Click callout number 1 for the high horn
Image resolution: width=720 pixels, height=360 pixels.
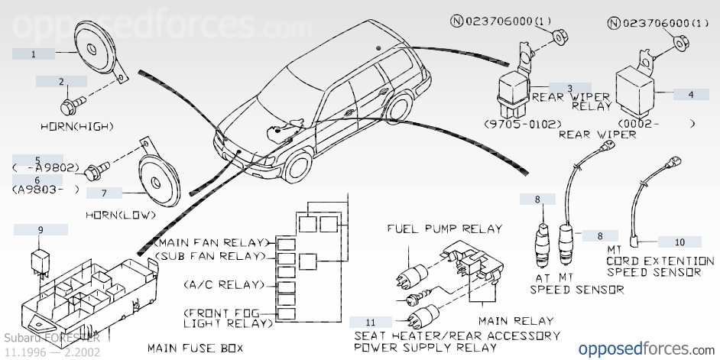[34, 54]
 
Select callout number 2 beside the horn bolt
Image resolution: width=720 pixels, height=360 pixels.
[61, 81]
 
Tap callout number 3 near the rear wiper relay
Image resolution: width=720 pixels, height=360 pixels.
[569, 87]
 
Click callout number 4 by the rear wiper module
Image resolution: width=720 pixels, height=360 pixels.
[691, 94]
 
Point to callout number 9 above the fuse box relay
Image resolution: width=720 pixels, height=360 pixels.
[41, 229]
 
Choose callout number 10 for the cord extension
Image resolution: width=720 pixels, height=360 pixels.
[679, 242]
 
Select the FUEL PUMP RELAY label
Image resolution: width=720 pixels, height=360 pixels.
[445, 228]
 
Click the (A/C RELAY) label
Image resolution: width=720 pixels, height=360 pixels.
[223, 284]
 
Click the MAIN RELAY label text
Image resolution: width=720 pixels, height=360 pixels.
[515, 321]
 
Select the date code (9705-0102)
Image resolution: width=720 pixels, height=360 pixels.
[523, 123]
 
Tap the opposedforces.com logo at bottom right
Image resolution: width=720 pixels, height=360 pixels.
[644, 349]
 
